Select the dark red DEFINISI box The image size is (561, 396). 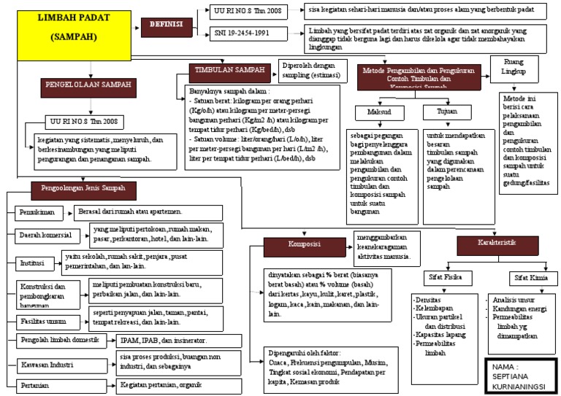[167, 23]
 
